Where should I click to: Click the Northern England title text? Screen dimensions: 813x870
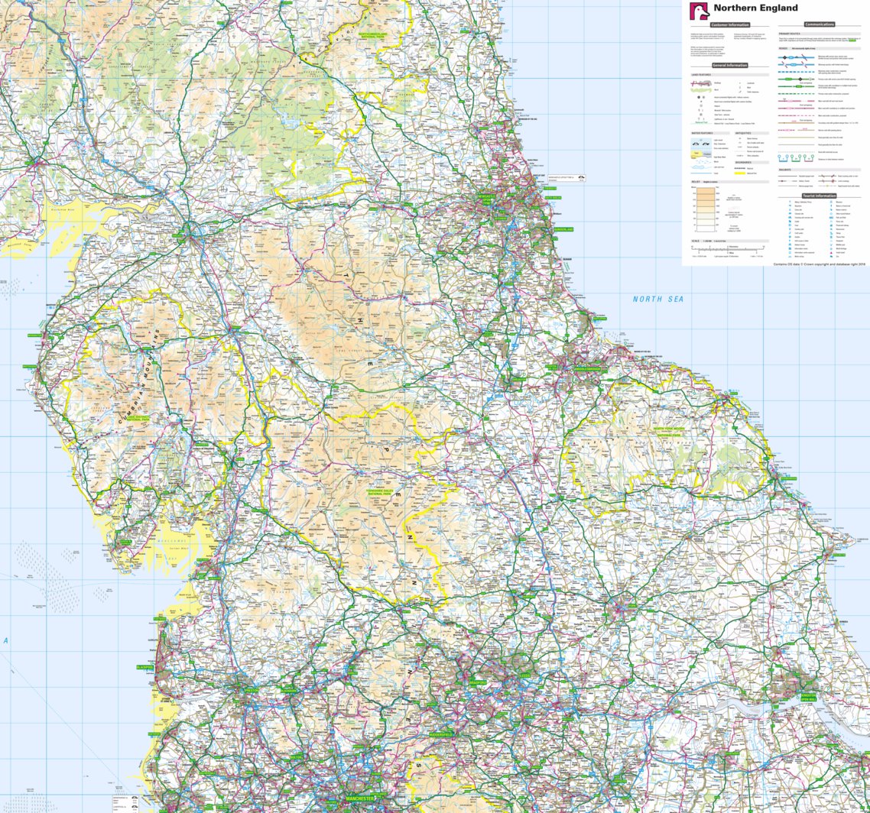[x=755, y=8]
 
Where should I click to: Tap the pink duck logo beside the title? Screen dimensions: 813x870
[x=700, y=11]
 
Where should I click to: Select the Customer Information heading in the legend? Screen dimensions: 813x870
[x=729, y=25]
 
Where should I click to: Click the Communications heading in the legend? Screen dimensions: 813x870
[x=820, y=24]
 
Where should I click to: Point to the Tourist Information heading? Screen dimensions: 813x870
[x=820, y=196]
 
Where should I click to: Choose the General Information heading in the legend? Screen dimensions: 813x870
[x=729, y=66]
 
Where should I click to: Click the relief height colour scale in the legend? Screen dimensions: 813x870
[x=706, y=209]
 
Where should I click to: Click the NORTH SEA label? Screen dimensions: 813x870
[x=657, y=300]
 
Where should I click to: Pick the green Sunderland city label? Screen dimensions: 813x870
[x=563, y=229]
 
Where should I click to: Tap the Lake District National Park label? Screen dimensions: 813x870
[x=138, y=419]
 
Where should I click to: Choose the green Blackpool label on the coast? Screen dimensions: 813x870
[x=144, y=667]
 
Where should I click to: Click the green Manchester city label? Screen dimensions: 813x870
[x=359, y=798]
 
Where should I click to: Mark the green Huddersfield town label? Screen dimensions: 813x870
[x=440, y=734]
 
